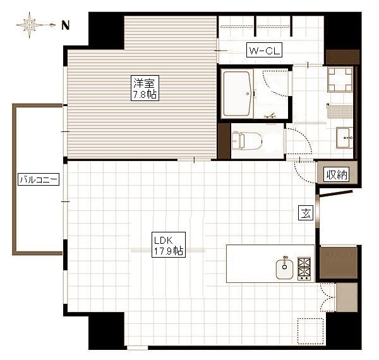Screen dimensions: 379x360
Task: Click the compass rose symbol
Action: pos(30,25)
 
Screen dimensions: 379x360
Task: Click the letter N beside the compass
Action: pos(65,25)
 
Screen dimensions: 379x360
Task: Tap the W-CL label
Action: pos(264,50)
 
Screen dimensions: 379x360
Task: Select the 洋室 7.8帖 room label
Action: pos(145,88)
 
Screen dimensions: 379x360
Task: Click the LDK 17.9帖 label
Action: pos(169,245)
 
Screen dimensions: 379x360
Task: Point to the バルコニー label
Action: pos(39,179)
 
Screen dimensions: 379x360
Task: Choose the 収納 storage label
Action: pos(337,174)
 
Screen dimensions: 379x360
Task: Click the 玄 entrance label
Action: pos(306,213)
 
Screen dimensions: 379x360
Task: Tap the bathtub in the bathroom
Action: pos(237,93)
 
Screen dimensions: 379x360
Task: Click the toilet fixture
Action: pos(247,141)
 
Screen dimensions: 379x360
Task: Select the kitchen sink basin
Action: pos(284,268)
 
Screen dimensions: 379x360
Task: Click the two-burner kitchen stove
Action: pos(304,268)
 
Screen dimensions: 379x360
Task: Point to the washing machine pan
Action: pos(340,80)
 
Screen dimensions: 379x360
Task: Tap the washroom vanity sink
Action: pos(344,138)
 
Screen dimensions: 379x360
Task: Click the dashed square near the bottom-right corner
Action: pos(310,331)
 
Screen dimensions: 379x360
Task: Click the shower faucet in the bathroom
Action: pos(270,116)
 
